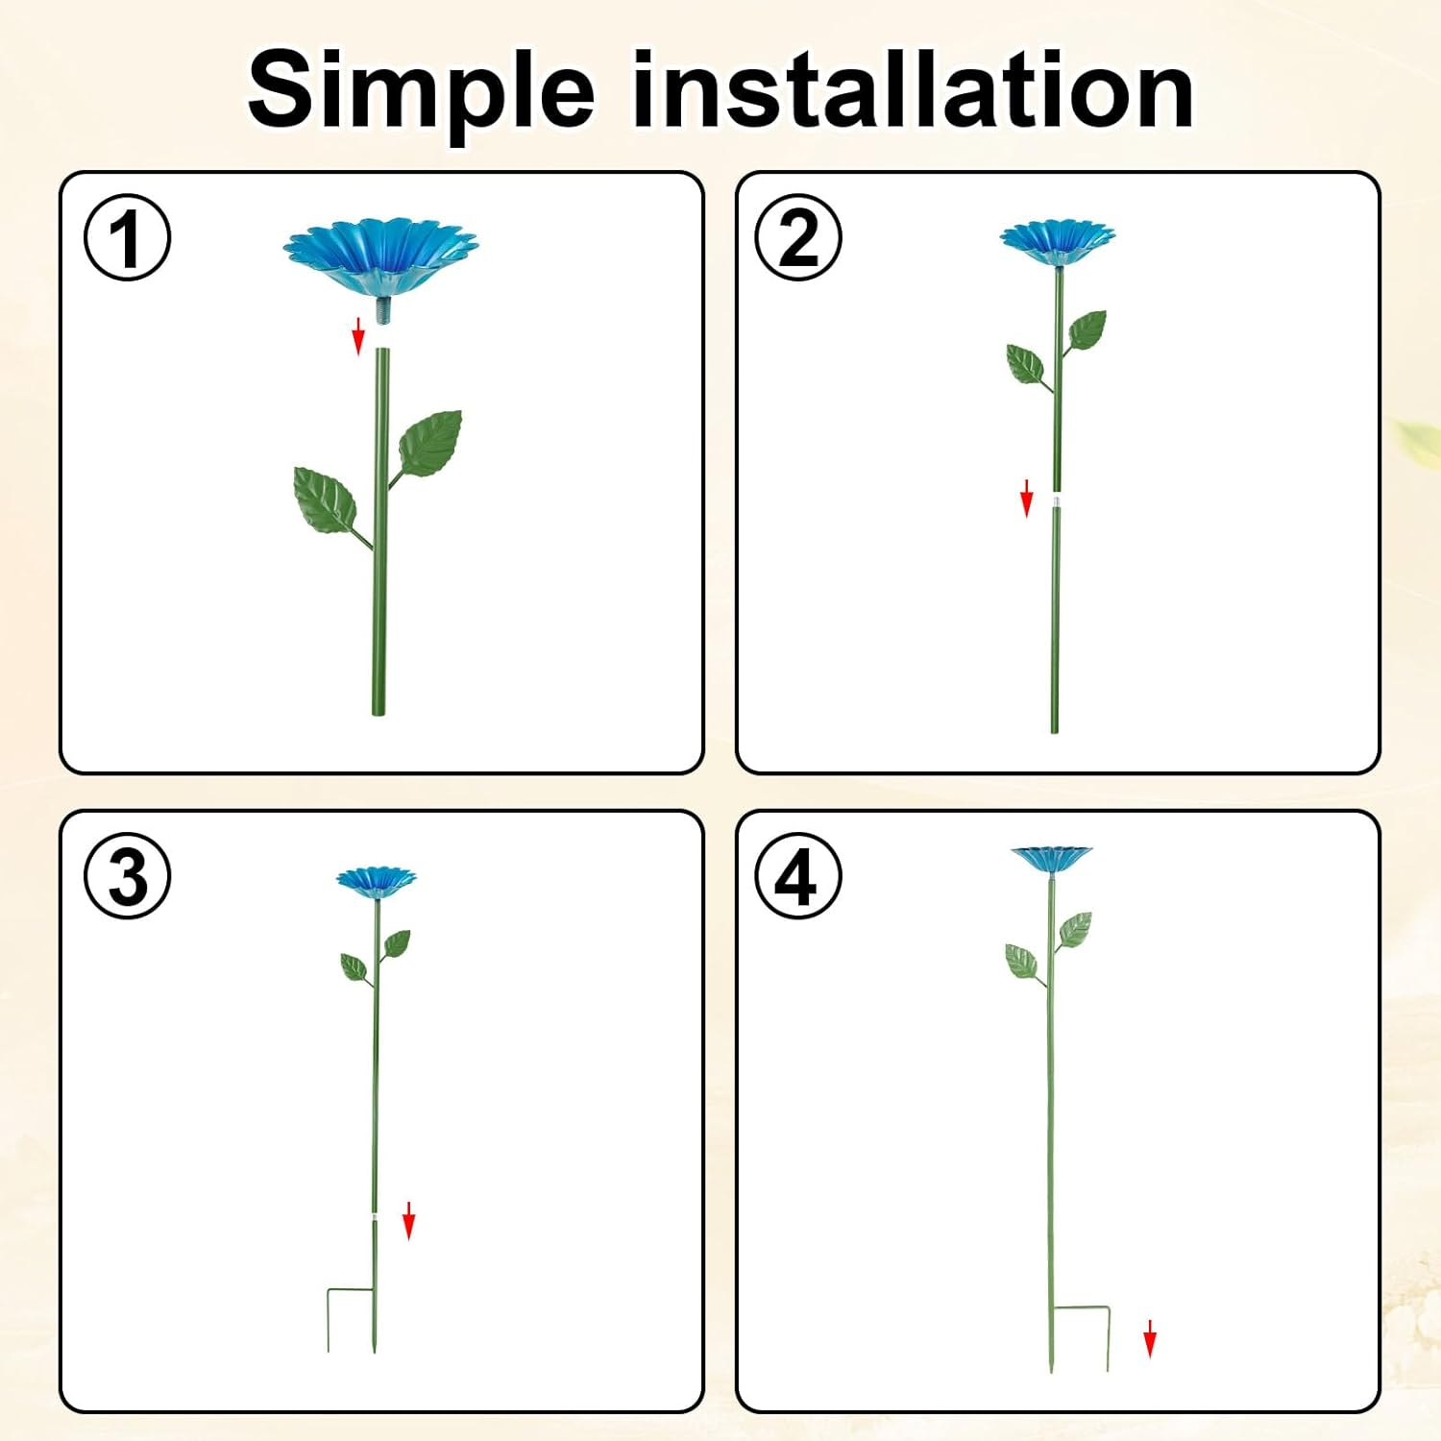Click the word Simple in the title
[421, 92]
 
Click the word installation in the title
[912, 90]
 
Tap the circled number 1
[128, 237]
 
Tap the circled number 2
[797, 237]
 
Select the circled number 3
[128, 876]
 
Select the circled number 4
[797, 876]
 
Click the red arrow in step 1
[358, 335]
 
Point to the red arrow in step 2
[1026, 498]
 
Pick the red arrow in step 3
[408, 1220]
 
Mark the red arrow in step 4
[1150, 1338]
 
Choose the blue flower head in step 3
[376, 881]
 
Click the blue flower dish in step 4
[1051, 858]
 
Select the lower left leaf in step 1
[324, 499]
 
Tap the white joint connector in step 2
[1057, 501]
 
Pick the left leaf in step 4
[1020, 960]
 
